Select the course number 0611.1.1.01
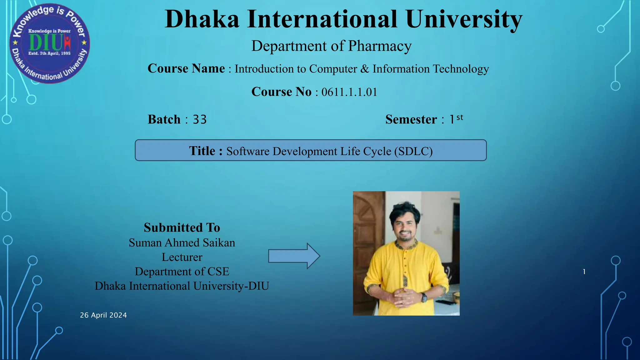[x=349, y=92]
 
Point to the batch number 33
[x=200, y=120]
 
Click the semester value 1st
[x=456, y=119]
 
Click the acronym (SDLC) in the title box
[x=413, y=151]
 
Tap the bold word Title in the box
[x=202, y=151]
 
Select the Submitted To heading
[x=182, y=227]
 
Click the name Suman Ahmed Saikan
[x=182, y=243]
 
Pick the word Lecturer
[x=182, y=257]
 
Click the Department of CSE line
[x=182, y=272]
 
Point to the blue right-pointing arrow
[x=294, y=256]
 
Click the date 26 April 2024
[x=103, y=315]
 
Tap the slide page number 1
[x=584, y=272]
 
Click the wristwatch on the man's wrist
[x=424, y=297]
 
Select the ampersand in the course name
[x=364, y=69]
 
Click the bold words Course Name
[x=186, y=68]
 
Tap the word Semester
[x=411, y=120]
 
